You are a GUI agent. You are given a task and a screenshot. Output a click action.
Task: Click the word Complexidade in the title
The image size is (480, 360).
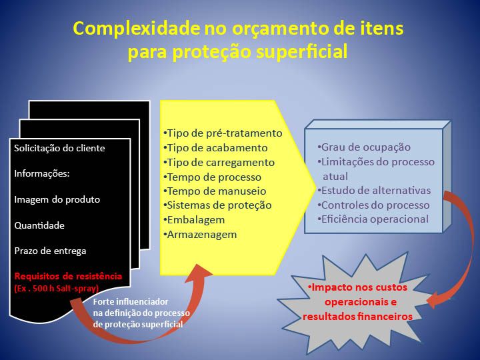[136, 29]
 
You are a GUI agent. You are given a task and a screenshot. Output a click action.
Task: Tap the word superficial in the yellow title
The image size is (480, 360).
[302, 51]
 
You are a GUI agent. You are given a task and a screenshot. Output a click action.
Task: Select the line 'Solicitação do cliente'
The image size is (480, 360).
[59, 148]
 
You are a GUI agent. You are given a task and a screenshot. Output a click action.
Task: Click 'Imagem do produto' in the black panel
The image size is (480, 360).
[57, 199]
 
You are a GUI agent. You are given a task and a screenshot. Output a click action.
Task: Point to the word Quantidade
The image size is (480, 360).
[39, 225]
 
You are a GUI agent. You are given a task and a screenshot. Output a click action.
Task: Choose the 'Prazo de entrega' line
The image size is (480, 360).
[50, 251]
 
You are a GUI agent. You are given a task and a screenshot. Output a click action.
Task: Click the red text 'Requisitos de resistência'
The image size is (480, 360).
[68, 276]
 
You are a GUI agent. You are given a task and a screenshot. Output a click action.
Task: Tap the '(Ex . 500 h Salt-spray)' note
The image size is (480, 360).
[57, 289]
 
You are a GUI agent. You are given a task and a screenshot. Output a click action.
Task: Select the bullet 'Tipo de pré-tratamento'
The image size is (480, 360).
[223, 133]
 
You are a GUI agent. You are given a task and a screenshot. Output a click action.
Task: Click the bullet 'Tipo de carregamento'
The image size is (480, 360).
[219, 163]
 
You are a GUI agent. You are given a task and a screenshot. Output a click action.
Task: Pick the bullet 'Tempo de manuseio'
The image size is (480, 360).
[215, 191]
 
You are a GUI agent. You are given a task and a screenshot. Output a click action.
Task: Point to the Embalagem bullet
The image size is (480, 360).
[194, 220]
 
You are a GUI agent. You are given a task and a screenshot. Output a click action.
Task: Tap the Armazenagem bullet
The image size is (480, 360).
[200, 235]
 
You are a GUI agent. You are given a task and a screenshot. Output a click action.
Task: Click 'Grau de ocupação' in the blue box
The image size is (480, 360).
[364, 147]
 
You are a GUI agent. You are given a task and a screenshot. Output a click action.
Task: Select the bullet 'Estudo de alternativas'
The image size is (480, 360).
[374, 191]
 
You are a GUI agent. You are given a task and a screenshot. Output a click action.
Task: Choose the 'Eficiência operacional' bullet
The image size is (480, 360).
[373, 219]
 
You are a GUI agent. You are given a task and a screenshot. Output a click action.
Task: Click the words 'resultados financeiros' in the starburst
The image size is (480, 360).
[357, 316]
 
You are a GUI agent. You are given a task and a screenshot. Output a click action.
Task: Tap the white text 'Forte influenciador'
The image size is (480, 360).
[131, 302]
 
